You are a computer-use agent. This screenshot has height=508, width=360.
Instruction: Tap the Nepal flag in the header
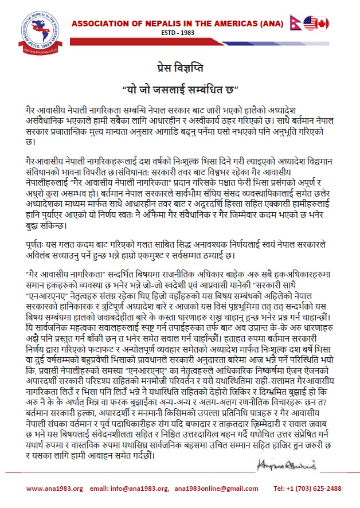[x=296, y=23]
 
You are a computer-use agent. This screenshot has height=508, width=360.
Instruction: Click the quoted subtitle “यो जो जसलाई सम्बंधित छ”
[x=180, y=89]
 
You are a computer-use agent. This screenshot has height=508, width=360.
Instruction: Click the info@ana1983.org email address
[x=140, y=489]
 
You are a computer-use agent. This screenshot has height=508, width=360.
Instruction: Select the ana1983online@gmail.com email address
[x=216, y=489]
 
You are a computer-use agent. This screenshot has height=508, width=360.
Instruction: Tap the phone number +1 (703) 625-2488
[x=314, y=489]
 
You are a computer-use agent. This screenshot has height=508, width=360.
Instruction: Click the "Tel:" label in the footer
[x=280, y=489]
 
